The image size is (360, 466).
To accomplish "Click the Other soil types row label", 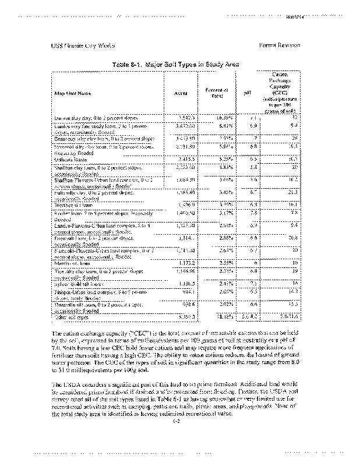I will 69,316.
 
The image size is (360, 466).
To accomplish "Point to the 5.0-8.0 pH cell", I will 246,316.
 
